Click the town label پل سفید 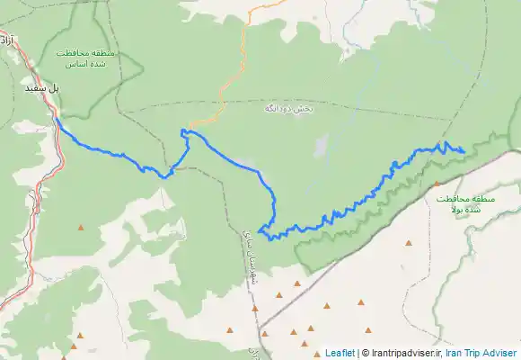41,89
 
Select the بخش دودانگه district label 288,108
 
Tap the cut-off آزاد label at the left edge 6,40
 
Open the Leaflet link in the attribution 340,353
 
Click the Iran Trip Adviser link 481,353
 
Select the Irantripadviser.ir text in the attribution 403,353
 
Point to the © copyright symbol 364,353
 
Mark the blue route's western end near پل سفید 56,117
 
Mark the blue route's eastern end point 463,150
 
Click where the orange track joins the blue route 186,130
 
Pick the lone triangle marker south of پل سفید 81,227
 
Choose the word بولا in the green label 461,209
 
